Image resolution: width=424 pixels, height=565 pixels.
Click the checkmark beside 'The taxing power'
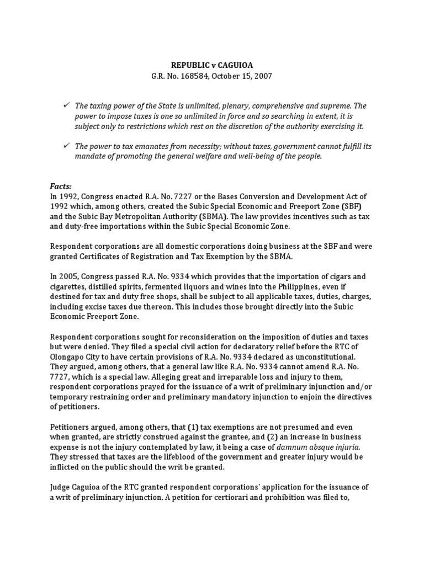[67, 105]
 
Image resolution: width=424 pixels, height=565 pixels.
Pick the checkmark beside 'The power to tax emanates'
[67, 146]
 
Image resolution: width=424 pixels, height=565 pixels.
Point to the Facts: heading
[61, 187]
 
